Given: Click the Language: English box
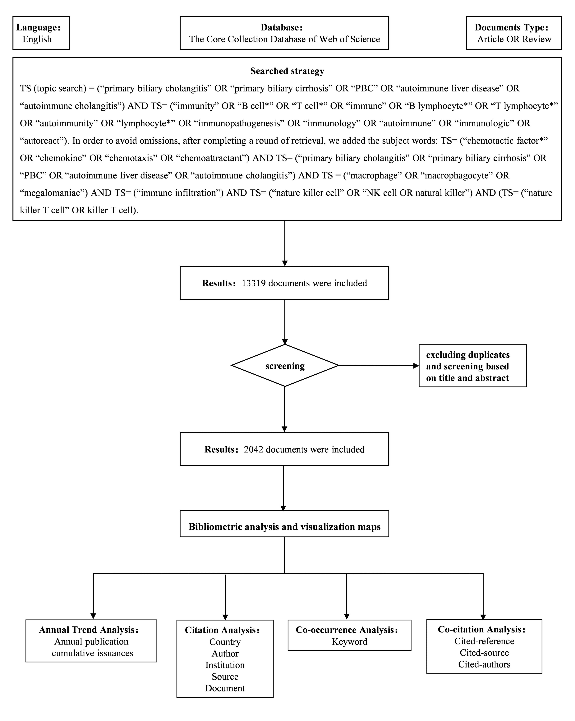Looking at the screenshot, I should tap(41, 33).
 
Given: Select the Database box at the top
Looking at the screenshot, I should tap(284, 33).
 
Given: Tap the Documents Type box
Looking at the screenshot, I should tap(514, 33).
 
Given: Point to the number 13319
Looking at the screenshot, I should tap(254, 283).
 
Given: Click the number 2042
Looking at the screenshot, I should tap(254, 450).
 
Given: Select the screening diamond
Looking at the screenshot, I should tap(285, 366).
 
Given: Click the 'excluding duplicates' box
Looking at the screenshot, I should tap(472, 366).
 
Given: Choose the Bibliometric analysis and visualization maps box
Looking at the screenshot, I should tap(284, 527).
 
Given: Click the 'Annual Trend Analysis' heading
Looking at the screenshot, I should tap(89, 630).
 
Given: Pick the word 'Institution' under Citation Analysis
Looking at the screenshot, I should tap(225, 665).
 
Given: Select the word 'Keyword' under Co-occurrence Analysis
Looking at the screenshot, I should tap(349, 642).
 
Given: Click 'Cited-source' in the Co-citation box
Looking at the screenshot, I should tap(484, 653).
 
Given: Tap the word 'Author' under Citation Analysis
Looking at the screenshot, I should tap(225, 654).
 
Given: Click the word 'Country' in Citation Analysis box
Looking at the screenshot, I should tap(225, 642).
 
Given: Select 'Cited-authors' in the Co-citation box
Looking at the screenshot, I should tap(484, 664).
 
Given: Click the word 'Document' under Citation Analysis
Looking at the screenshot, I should tap(225, 688).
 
